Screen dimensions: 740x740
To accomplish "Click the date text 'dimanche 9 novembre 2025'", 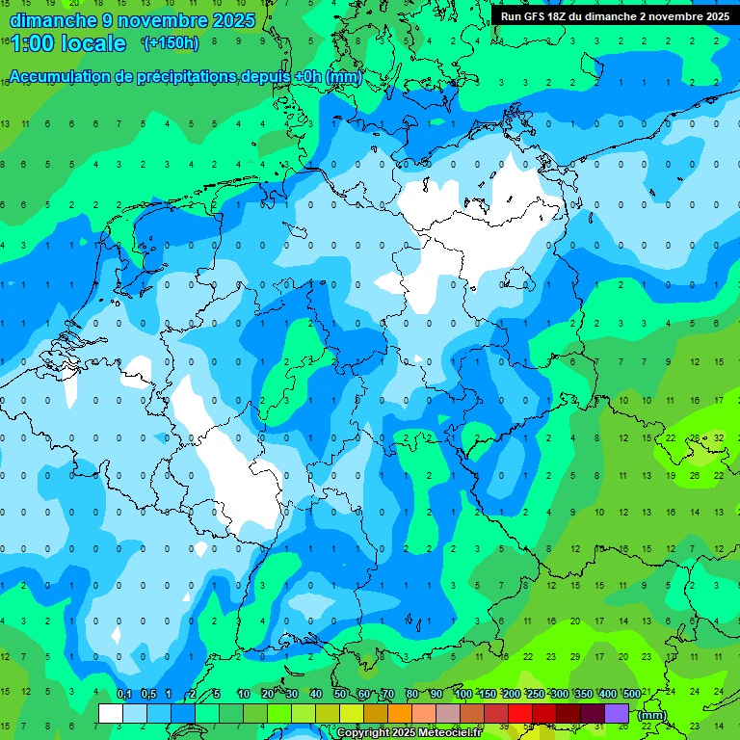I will tap(132, 20).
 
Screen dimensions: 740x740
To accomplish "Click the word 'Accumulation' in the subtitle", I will tap(60, 77).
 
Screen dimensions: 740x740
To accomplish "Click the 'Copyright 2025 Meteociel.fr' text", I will tap(409, 733).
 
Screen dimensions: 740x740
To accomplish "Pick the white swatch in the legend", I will tap(111, 714).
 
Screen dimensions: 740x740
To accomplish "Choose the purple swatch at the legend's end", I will tap(617, 714).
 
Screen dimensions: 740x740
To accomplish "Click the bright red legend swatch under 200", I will tap(520, 714).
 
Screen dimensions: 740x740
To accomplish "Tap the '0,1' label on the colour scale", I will tap(123, 695).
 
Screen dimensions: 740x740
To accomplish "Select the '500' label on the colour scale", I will tap(631, 695).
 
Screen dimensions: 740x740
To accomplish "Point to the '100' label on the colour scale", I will tap(462, 695).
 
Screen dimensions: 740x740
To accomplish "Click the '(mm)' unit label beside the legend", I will tap(652, 715).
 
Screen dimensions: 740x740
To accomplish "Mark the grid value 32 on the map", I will tap(719, 437).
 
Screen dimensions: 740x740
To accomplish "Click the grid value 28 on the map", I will tap(695, 437).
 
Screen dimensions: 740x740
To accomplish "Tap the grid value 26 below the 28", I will tap(695, 475).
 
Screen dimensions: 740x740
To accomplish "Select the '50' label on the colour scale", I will tap(340, 695).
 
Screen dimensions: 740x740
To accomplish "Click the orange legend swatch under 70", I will tap(376, 714).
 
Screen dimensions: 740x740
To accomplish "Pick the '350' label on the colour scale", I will tap(583, 695).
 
